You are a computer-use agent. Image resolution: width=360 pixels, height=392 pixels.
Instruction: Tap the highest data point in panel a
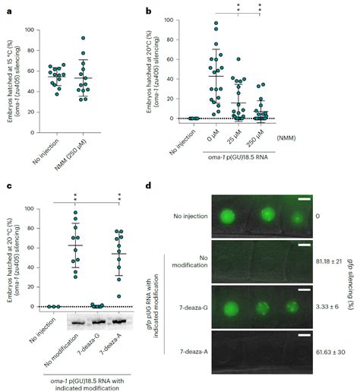tap(83, 38)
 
